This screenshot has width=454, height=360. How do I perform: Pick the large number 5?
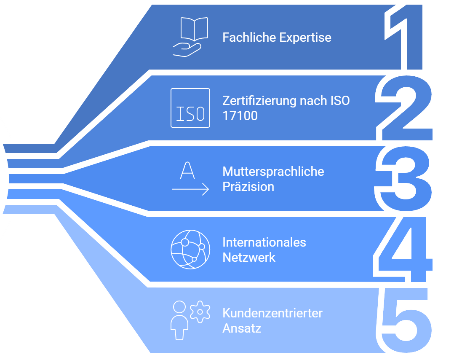coord(405,320)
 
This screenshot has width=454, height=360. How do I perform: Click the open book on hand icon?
coord(190,37)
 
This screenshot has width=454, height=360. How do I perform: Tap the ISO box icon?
coord(190,108)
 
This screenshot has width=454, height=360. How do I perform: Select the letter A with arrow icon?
coord(190,179)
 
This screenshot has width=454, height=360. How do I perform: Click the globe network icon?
coord(190,250)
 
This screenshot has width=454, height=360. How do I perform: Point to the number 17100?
coord(240,116)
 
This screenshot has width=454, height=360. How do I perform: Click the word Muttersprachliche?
coord(273,172)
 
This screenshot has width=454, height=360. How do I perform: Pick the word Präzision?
coord(248,187)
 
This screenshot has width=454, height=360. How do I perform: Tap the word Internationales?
coord(264,242)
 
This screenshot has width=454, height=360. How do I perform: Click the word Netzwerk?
coord(249,257)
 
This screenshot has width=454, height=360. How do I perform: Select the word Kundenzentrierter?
coord(272,313)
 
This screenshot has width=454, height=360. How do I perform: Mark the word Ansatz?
coord(242,328)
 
